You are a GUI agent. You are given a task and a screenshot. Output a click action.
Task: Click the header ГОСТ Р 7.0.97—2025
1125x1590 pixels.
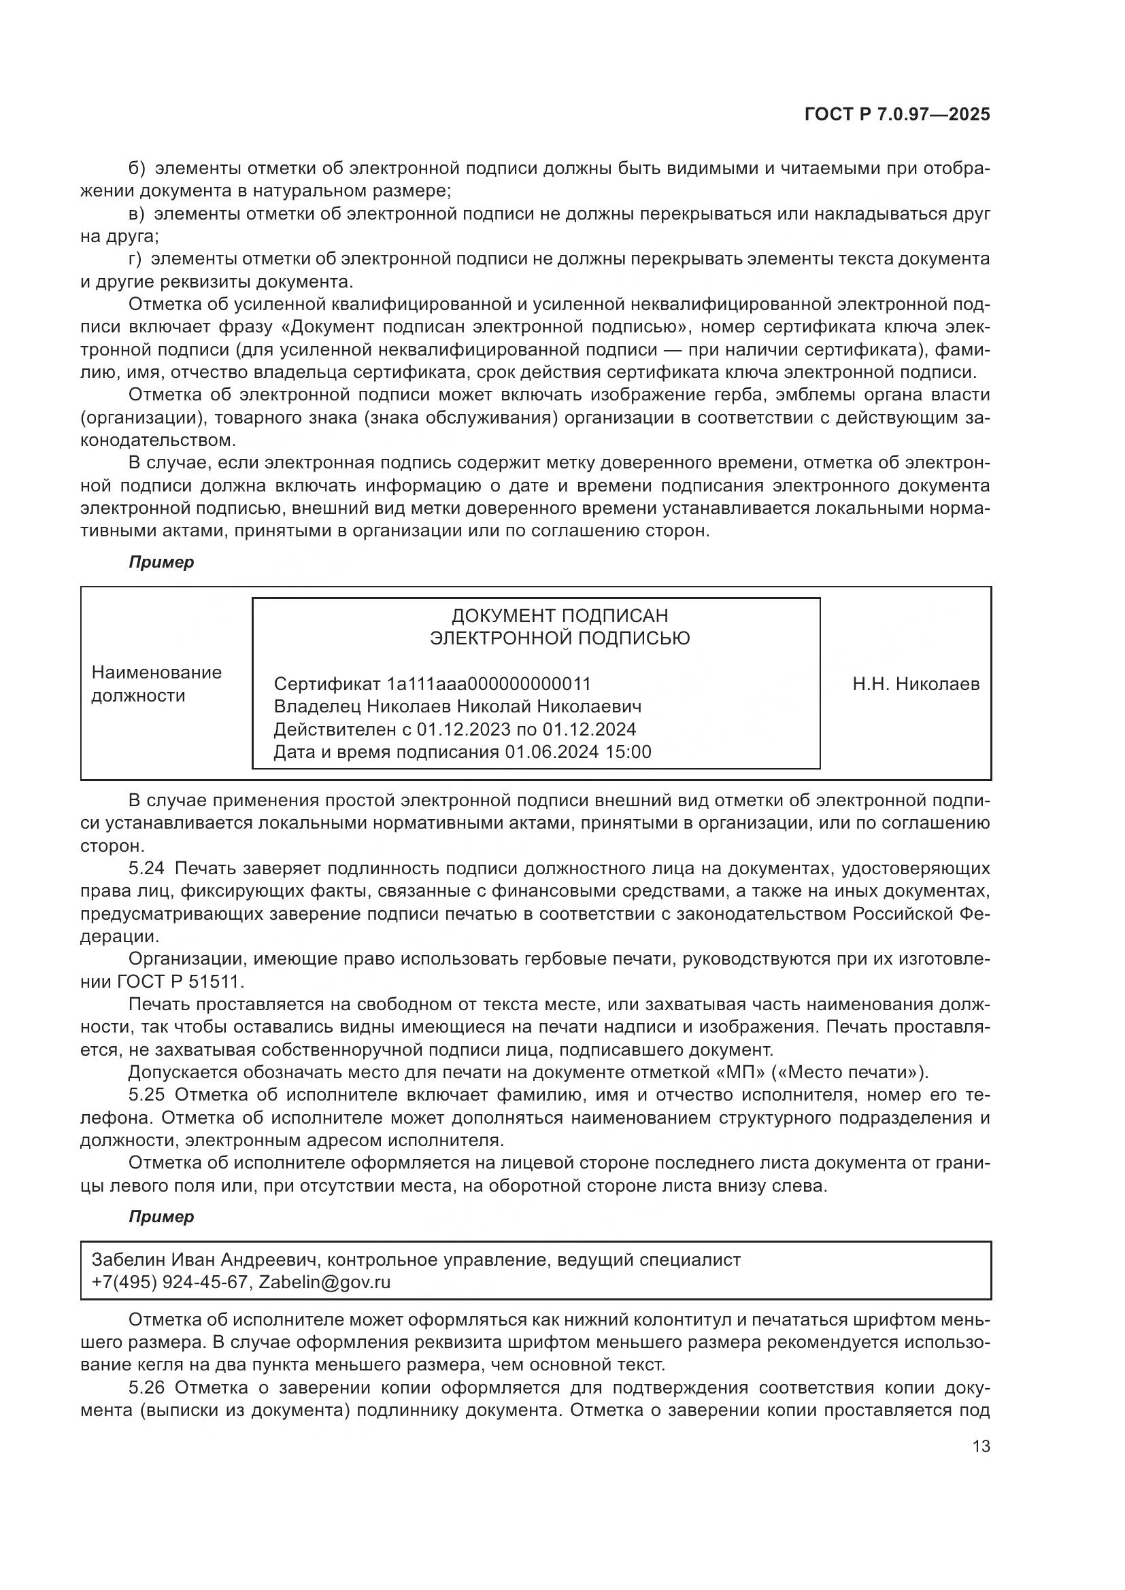coord(896,115)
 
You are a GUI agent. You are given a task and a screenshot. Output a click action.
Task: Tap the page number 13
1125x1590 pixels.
coord(981,1446)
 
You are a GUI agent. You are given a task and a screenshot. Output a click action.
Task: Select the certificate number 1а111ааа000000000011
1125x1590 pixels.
coord(489,685)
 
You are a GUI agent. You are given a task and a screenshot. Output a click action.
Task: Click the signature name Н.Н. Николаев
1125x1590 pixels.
coord(916,685)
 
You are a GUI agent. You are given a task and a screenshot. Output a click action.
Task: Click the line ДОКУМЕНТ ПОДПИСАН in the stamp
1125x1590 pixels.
coord(560,616)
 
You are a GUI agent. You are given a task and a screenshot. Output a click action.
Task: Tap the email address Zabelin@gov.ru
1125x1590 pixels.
coord(324,1282)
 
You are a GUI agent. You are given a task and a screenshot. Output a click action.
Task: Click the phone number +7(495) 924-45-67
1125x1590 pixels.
coord(169,1282)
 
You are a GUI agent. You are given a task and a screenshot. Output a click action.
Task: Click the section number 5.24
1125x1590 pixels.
coord(146,868)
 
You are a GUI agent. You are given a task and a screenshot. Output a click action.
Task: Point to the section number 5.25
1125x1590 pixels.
coord(146,1095)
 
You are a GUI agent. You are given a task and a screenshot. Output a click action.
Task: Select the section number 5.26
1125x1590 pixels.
coord(146,1388)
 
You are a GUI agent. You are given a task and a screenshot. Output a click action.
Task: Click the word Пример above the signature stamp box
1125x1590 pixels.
coord(161,562)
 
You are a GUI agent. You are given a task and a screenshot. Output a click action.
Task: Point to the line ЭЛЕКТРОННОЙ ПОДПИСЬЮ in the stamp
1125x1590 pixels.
coord(560,638)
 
